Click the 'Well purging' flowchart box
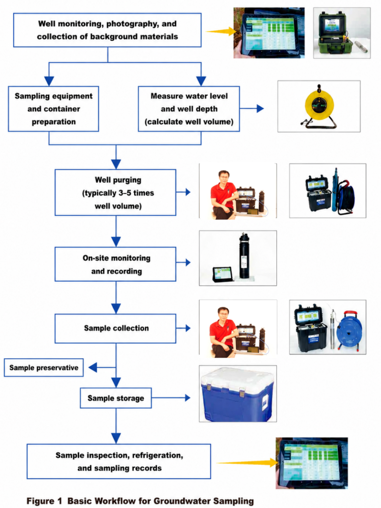115,192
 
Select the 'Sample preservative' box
44,368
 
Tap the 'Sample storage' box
116,398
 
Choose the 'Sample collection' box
115,328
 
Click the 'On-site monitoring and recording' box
115,264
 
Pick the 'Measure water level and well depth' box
189,109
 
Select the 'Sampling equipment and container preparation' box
54,109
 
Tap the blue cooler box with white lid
238,394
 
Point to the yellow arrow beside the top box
221,31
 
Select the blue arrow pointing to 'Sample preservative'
102,368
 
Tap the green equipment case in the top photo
333,34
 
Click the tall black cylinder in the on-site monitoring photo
244,255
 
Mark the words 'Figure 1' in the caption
44,501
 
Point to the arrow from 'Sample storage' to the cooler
171,398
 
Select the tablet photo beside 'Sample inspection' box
312,463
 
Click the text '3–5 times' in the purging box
136,193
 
